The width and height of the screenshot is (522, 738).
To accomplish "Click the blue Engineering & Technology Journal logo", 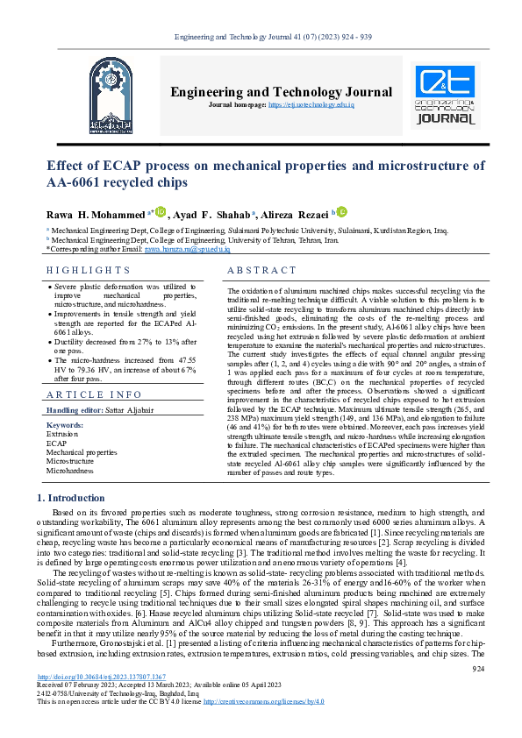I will pos(447,96).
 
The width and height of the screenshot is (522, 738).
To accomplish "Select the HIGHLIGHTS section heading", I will pos(88,271).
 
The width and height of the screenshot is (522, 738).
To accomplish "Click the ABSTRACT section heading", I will pos(262,271).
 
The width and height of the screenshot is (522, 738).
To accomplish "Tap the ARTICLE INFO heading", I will pos(93,395).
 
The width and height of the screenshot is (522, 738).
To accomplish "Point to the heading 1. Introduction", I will pos(70,498).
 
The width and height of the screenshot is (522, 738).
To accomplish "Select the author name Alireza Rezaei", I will pos(294,213).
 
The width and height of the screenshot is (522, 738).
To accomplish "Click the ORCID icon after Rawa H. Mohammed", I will pos(161,211).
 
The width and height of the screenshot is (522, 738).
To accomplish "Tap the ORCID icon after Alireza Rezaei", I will pos(342,211).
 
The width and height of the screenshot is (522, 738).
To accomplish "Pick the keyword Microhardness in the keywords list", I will pos(69,471).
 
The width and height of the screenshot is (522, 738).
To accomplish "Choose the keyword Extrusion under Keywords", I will pos(61,434).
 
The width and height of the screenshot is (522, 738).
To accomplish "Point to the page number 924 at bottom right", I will pos(478,694).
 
